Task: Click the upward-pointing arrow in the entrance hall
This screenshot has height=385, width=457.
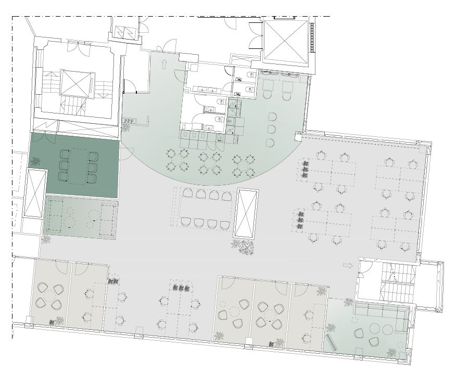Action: coord(164,64)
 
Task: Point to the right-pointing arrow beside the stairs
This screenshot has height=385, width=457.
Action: coord(348,265)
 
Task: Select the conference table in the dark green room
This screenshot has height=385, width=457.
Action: coord(78,166)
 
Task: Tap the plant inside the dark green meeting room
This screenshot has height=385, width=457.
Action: coord(36,161)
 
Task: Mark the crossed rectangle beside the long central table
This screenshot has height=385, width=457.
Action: coord(247,213)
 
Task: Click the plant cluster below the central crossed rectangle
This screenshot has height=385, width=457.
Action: coord(243,247)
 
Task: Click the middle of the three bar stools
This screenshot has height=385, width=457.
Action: coord(272,129)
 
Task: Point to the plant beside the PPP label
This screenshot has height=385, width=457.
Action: coord(125,128)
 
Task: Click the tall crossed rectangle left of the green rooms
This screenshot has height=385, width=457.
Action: coord(35,194)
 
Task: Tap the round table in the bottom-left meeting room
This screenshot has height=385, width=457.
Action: coord(49,298)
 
